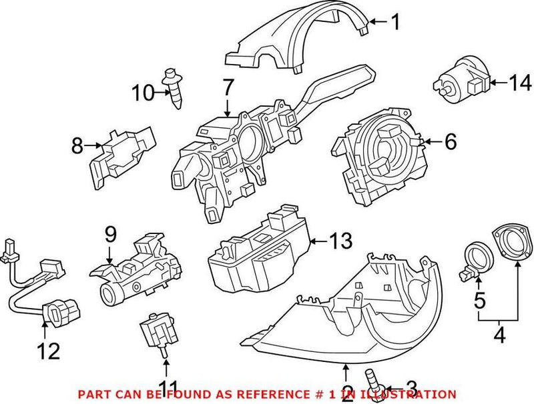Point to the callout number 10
tap(142, 93)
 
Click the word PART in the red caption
tap(95, 395)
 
